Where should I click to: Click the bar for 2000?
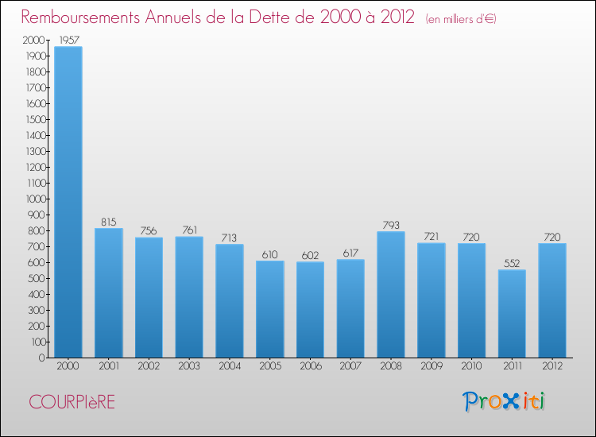68,202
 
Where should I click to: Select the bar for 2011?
512,313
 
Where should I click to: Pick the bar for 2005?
269,308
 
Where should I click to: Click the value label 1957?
68,39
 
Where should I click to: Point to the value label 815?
108,222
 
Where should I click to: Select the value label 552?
512,263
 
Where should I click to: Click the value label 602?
310,255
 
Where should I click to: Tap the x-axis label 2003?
189,367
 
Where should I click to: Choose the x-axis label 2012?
552,367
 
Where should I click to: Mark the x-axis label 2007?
350,367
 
